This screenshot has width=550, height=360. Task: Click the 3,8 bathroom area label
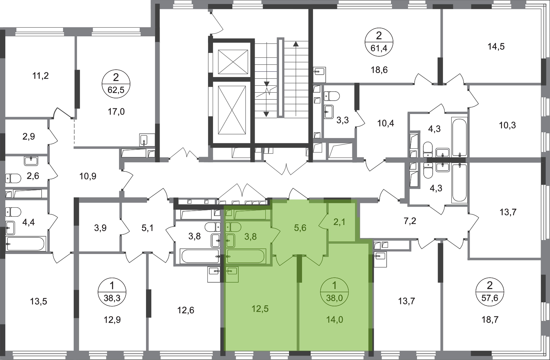point(250,237)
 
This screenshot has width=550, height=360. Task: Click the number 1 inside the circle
point(334,286)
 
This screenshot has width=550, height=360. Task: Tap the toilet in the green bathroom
point(233,227)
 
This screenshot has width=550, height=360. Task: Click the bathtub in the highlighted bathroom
point(246,256)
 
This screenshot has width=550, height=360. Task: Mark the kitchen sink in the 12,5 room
point(232,274)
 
